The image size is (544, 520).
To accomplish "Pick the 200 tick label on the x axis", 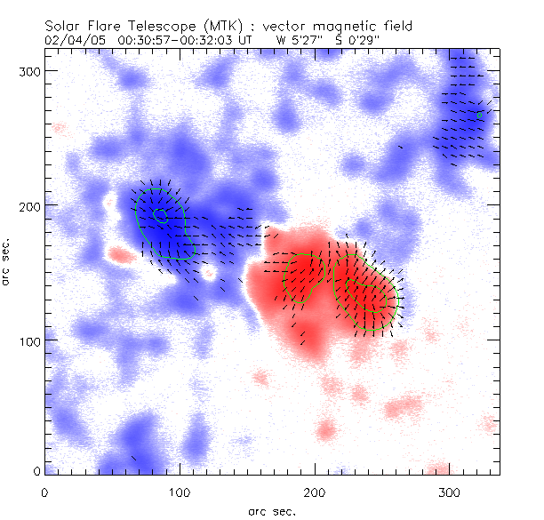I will click(x=314, y=492).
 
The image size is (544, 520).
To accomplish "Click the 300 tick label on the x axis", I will click(x=449, y=492).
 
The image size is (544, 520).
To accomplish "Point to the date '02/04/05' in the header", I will click(x=72, y=40).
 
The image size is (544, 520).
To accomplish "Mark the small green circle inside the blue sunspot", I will click(x=160, y=214).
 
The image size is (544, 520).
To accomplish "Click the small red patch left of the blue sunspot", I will click(x=118, y=255).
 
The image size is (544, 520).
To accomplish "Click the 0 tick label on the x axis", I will click(x=44, y=492).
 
